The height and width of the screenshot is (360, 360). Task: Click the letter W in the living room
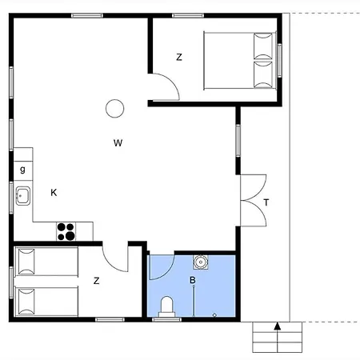pos(118,143)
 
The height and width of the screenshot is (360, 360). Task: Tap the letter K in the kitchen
pos(54,192)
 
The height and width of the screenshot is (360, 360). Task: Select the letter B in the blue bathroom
pos(192,280)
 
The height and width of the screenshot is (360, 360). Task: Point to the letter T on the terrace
pos(266,202)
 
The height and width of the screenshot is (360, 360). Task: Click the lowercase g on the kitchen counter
pos(22,170)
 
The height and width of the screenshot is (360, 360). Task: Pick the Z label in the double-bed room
pos(179,57)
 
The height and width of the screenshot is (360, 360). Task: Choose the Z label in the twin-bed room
pos(96,281)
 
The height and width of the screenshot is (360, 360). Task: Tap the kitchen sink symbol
pos(22,196)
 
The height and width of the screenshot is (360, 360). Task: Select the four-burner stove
pos(66,231)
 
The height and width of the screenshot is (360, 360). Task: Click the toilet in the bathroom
pos(167,306)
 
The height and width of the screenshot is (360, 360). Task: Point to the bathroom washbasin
pos(201,262)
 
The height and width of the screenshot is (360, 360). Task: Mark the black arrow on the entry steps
pos(278,326)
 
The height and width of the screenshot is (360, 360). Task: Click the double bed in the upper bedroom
pos(240,61)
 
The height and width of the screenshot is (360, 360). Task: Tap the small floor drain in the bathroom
pos(214,315)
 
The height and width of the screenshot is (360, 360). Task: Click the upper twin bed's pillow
pos(26,262)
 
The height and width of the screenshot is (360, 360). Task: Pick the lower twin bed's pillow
pos(26,302)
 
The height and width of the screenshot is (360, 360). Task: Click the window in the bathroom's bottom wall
pos(166,319)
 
